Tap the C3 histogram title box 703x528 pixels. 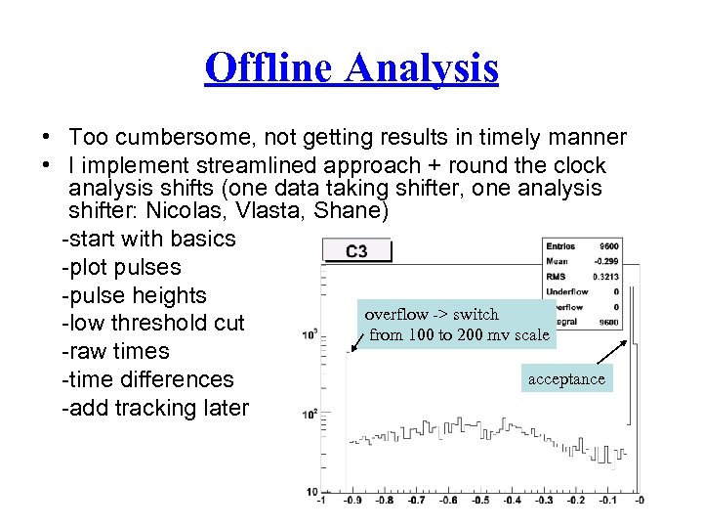coord(356,251)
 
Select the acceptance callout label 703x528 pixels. coord(566,378)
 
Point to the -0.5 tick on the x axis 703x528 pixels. coord(479,500)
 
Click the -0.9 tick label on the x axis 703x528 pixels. coord(353,500)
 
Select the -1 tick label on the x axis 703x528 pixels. coord(321,500)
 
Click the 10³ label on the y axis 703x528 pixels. coord(310,334)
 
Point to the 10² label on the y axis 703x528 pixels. coord(310,414)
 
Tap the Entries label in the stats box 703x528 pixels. coord(560,245)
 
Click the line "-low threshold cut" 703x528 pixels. coord(152,324)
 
